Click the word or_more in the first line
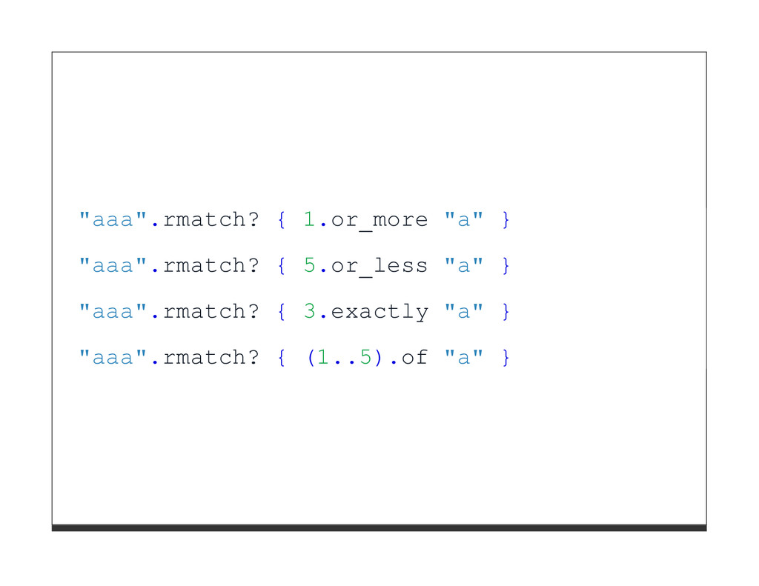click(x=379, y=220)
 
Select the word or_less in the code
click(x=379, y=266)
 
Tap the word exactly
click(x=379, y=312)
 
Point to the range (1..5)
click(x=345, y=358)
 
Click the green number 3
click(x=310, y=312)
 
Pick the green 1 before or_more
click(x=310, y=220)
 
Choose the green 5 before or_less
click(x=310, y=266)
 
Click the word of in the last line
click(x=414, y=358)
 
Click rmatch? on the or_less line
click(x=211, y=266)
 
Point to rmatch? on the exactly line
click(x=211, y=312)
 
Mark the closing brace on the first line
click(x=506, y=220)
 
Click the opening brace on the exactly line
click(x=282, y=312)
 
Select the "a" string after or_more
click(x=463, y=220)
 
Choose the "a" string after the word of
click(x=463, y=358)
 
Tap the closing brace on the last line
click(x=506, y=358)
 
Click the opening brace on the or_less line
click(x=282, y=266)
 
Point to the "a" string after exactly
click(x=463, y=312)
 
